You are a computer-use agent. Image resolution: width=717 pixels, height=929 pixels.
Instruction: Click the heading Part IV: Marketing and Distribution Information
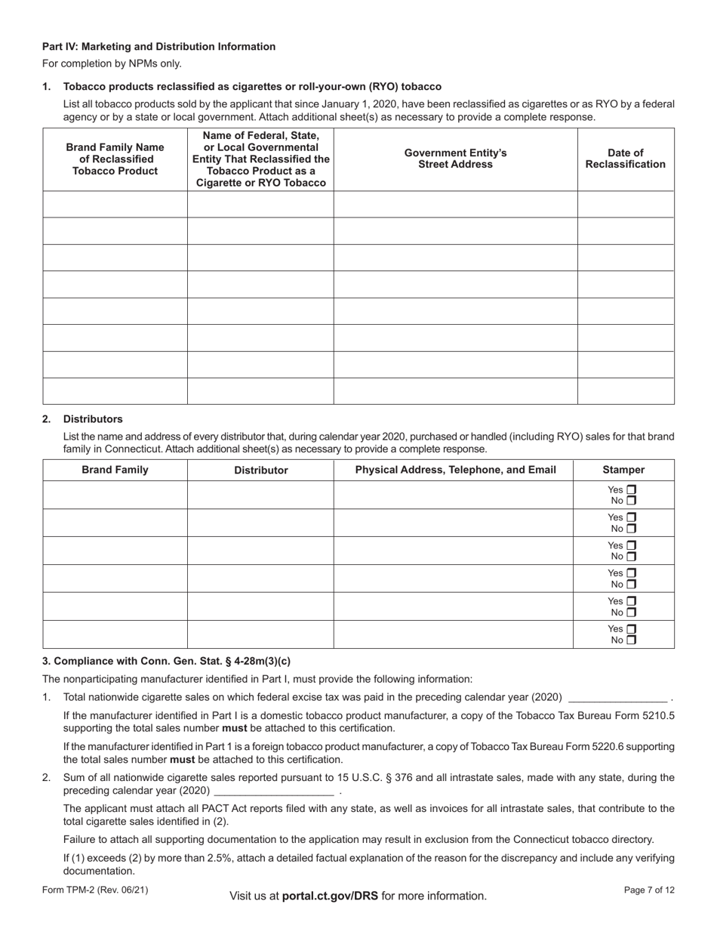click(158, 47)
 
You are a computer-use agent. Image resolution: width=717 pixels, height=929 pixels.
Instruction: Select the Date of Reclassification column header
click(625, 159)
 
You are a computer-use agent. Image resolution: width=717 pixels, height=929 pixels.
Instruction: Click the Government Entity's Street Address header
click(455, 159)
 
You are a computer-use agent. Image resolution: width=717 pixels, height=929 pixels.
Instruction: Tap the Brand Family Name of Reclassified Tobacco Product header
click(115, 159)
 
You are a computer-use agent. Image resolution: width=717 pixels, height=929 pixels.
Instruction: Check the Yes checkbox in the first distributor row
click(632, 490)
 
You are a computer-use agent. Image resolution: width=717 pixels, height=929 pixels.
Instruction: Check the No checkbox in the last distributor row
click(632, 640)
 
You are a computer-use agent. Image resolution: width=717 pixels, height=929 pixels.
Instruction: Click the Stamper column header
click(623, 470)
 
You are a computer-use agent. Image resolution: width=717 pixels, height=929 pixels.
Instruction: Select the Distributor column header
click(260, 470)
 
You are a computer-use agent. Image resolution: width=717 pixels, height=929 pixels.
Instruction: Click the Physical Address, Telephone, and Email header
click(455, 470)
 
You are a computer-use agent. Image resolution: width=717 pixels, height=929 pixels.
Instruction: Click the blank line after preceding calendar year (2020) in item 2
click(274, 792)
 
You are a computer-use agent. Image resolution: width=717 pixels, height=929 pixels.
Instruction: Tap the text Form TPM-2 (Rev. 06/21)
click(95, 890)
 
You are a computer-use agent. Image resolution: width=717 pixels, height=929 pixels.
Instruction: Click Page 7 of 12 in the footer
click(649, 890)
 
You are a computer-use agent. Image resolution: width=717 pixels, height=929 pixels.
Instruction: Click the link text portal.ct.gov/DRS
click(330, 896)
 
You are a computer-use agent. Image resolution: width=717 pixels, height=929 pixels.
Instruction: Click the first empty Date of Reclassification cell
click(625, 205)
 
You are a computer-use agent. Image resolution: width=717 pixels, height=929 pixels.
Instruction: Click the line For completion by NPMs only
click(112, 63)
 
